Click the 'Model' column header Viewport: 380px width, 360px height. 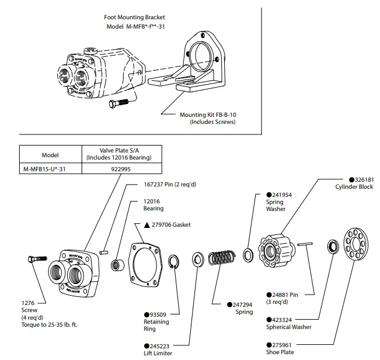(x=50, y=155)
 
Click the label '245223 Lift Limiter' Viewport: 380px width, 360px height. (x=157, y=349)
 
